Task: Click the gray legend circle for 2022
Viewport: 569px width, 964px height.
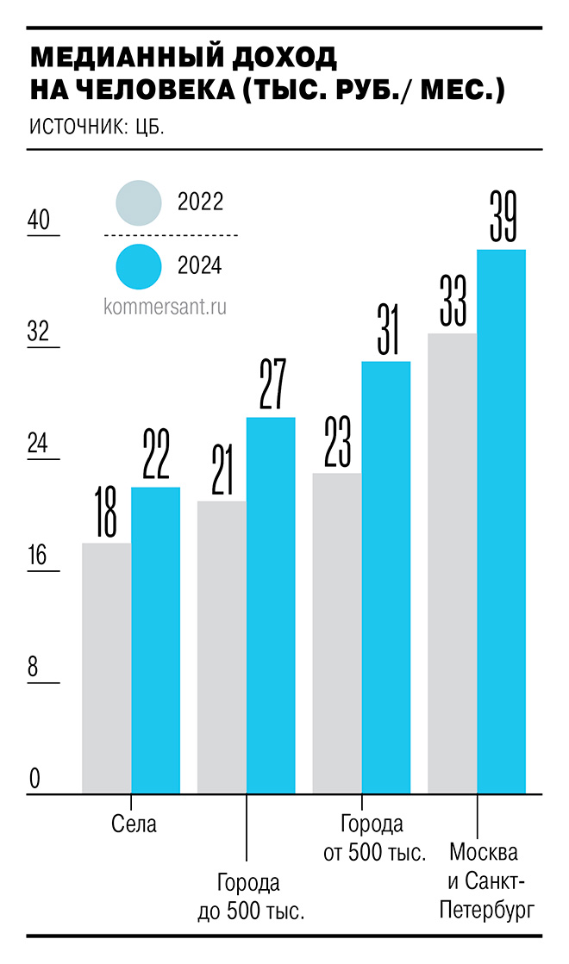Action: pyautogui.click(x=138, y=202)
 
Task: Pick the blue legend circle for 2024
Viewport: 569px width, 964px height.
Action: pyautogui.click(x=138, y=265)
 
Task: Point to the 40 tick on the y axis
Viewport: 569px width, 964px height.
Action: pyautogui.click(x=39, y=221)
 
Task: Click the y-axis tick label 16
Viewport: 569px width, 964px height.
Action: pyautogui.click(x=39, y=556)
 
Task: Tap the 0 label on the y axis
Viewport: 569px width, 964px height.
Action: pyautogui.click(x=35, y=779)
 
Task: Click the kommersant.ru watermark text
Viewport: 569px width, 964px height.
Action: pyautogui.click(x=165, y=307)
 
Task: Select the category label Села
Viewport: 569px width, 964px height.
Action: pyautogui.click(x=134, y=824)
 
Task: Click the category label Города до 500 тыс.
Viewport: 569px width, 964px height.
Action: pyautogui.click(x=251, y=897)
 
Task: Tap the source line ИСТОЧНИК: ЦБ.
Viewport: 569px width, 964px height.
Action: pyautogui.click(x=97, y=127)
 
